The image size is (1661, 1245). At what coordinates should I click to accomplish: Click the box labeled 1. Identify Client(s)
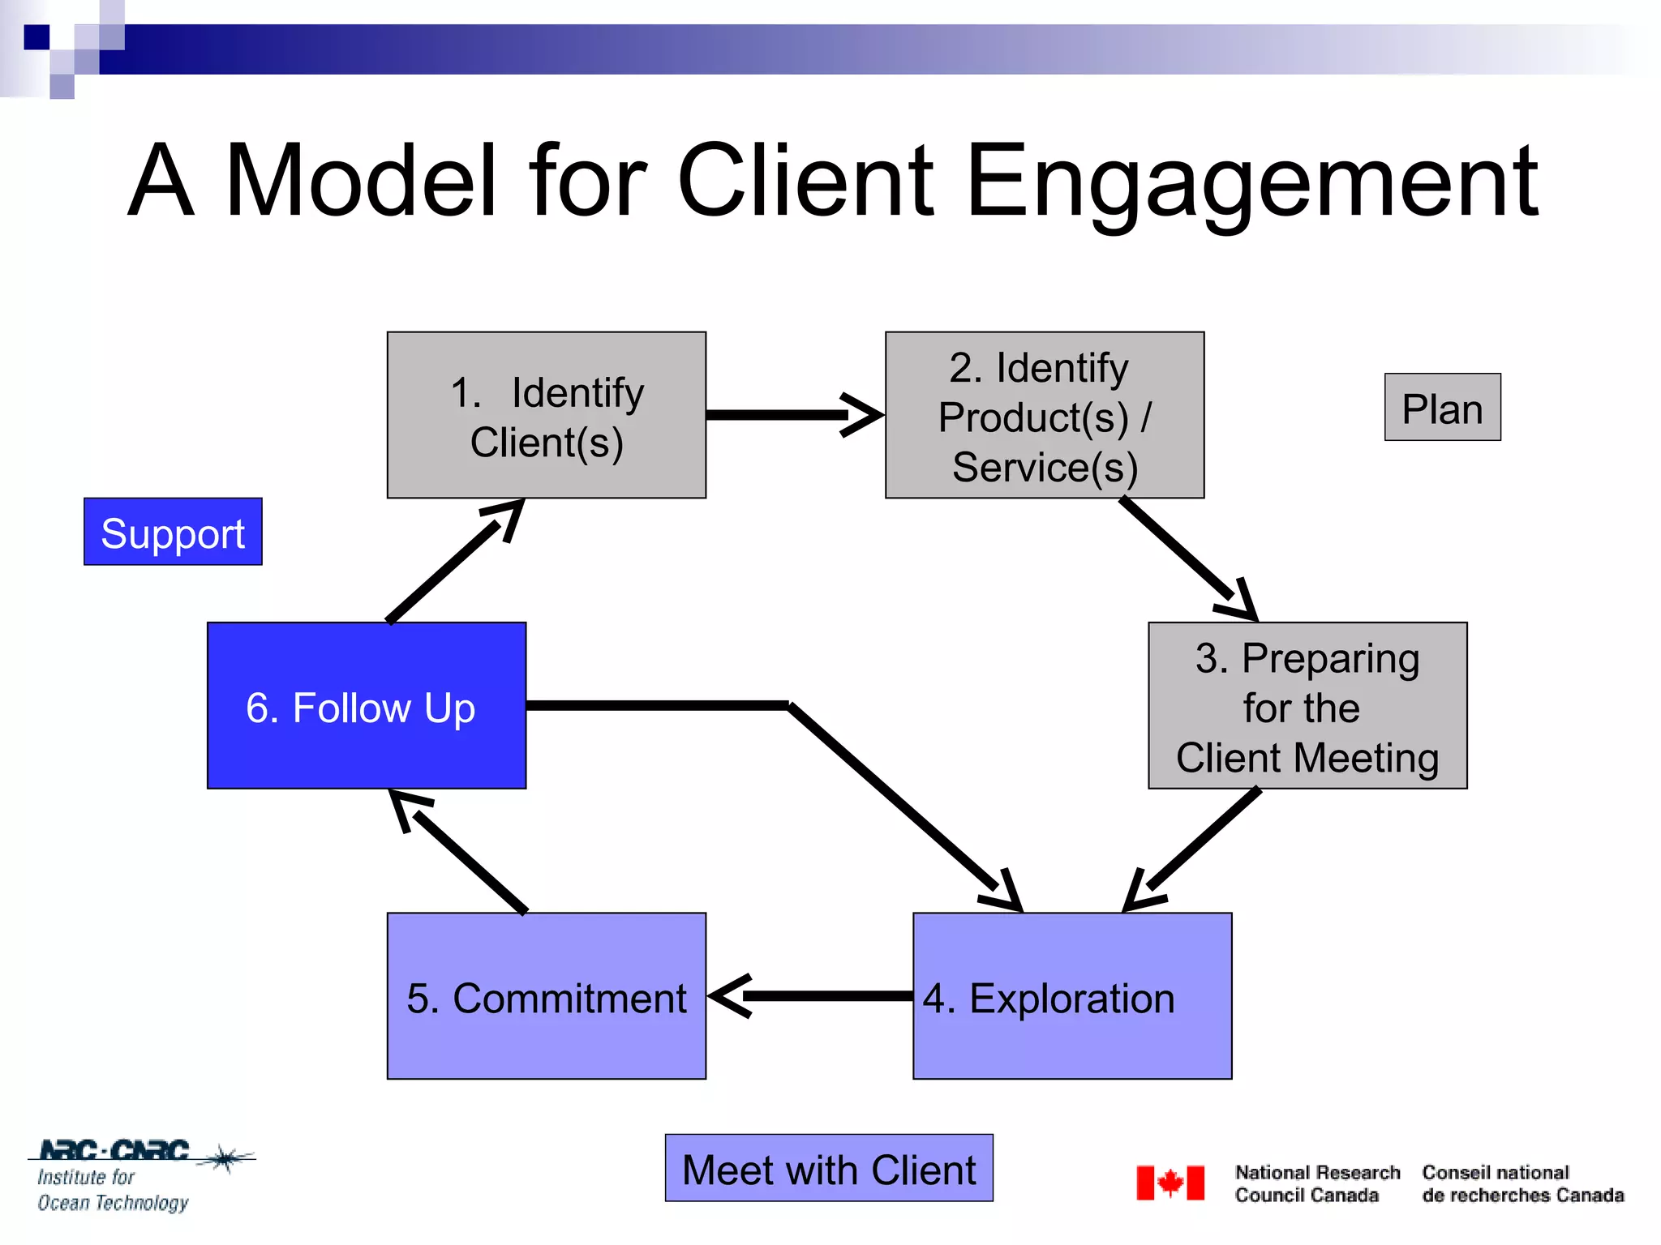coord(546,415)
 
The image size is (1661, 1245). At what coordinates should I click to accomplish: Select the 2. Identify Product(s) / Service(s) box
coord(1044,415)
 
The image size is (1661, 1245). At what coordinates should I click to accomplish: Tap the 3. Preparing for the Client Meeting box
coord(1307,705)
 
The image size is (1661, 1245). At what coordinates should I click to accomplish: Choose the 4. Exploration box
coord(1071,996)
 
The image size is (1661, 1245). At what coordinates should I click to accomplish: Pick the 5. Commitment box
coord(546,996)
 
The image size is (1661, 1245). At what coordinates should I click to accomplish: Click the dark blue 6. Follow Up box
coord(366,705)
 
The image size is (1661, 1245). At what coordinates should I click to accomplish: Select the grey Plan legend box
coord(1442,407)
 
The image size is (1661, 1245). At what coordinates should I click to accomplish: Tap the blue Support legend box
coord(173,532)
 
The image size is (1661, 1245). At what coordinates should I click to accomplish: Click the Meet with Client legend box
coord(828,1168)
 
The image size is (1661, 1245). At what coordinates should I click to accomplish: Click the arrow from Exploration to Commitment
coord(811,996)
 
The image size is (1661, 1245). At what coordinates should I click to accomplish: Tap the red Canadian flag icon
coord(1170,1183)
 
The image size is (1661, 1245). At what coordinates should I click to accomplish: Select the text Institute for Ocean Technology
coord(112,1190)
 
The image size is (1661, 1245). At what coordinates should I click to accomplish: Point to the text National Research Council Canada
coord(1316,1183)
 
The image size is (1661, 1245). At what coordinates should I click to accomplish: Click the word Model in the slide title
coord(360,182)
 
